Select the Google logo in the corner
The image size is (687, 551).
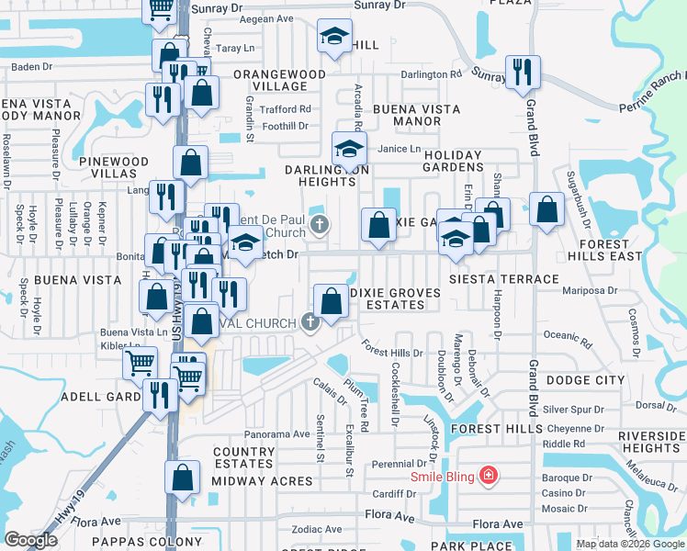tap(30, 539)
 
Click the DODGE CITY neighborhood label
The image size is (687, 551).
tap(584, 380)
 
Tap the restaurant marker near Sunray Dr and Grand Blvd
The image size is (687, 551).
tap(523, 72)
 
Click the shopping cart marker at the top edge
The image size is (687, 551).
tap(160, 9)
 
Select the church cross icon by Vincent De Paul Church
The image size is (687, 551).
tap(320, 224)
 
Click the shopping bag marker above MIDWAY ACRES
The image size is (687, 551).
tap(183, 478)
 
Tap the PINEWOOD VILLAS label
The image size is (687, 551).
tap(114, 167)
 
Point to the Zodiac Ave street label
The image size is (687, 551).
tap(316, 530)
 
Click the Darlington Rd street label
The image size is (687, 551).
tap(430, 74)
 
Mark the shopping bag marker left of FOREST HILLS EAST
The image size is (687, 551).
tap(546, 208)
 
